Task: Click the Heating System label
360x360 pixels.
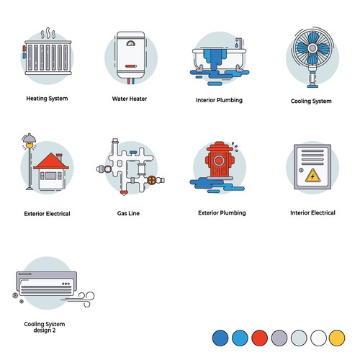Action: (47, 99)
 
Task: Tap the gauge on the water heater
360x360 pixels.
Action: (131, 43)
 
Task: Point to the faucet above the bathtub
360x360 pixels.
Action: (239, 42)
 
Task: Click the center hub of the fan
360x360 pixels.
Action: (312, 48)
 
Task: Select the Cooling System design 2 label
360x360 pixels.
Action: (45, 327)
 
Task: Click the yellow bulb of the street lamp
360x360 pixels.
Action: (30, 145)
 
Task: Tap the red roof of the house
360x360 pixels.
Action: (51, 161)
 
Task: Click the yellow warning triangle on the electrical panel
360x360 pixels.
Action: (312, 176)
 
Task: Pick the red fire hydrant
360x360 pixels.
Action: (220, 160)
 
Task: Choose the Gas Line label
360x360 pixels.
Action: (128, 213)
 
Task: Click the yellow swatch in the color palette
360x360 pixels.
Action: (337, 338)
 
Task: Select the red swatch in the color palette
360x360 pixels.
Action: (259, 338)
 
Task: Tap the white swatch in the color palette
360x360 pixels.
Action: (318, 338)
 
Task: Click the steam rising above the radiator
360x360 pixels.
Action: (48, 33)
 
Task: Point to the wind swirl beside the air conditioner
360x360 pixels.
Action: (81, 299)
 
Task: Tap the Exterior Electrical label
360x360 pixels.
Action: (47, 214)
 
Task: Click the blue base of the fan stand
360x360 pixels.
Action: (312, 85)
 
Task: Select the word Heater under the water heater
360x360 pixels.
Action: (138, 99)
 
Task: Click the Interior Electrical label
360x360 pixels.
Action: (312, 212)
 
